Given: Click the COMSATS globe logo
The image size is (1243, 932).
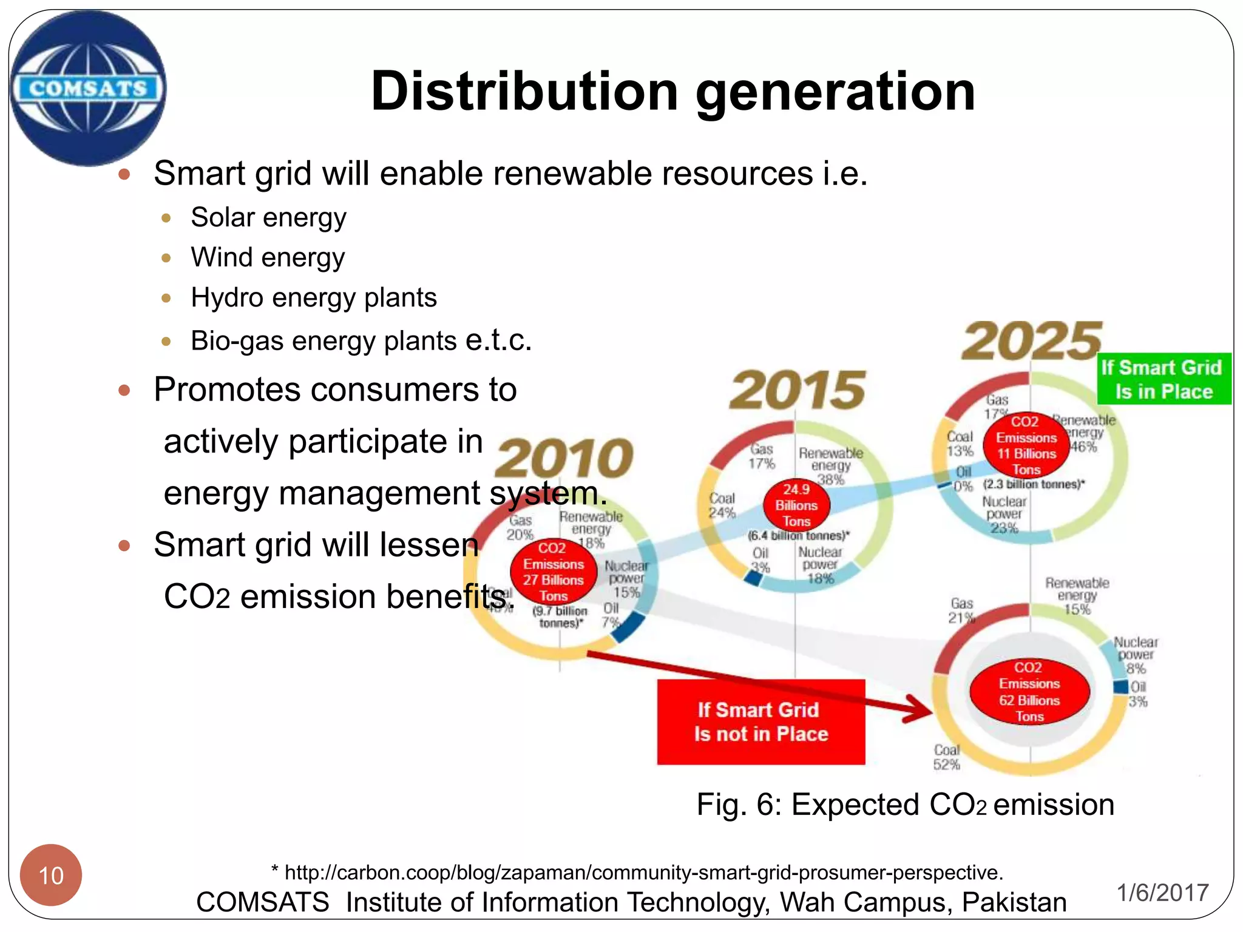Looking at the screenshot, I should point(88,88).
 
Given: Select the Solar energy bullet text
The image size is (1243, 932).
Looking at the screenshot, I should point(268,217).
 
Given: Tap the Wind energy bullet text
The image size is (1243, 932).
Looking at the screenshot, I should point(268,257).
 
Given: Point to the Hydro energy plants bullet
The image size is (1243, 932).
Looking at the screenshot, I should point(313,298).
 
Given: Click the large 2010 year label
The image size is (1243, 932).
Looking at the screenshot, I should point(564,458).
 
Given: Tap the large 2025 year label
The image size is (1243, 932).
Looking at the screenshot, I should point(1031,342).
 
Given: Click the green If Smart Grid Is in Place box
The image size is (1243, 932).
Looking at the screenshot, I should point(1163,379).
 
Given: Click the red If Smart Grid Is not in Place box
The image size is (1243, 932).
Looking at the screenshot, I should point(761,722).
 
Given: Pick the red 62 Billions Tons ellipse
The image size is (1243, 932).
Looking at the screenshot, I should point(1029,692).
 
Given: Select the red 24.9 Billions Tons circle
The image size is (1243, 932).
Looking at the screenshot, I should point(796,505).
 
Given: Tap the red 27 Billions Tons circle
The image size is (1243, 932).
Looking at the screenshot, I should point(553,572).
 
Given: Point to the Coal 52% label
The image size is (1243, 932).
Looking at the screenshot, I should point(947,757).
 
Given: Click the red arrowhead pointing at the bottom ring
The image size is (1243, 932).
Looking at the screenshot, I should point(919,710).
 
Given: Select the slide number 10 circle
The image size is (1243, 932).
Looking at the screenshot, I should point(51,875).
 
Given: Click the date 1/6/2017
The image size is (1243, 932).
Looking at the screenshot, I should point(1163,893).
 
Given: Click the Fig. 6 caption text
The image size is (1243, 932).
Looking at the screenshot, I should point(905,805).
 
